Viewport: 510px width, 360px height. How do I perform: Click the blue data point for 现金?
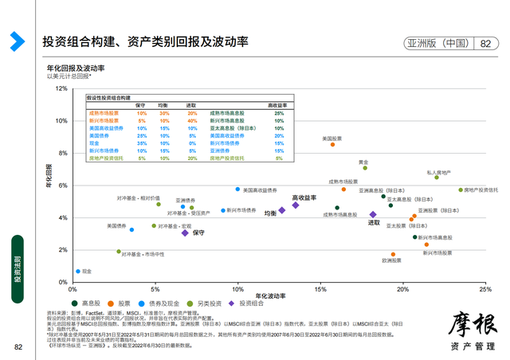[x=78, y=272]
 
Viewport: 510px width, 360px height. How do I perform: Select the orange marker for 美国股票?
[x=332, y=145]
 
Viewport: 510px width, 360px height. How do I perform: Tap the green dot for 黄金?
[x=365, y=168]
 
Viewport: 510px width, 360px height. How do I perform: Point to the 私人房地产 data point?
[x=437, y=178]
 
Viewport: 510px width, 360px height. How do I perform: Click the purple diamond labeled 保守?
[x=185, y=233]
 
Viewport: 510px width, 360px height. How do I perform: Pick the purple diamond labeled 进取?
[x=373, y=214]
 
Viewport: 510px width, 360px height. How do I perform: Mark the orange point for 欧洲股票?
[x=393, y=255]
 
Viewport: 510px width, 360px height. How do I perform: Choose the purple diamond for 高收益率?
[x=296, y=205]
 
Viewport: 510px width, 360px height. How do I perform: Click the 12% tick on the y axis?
[x=62, y=88]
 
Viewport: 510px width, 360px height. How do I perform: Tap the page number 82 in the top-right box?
[x=484, y=45]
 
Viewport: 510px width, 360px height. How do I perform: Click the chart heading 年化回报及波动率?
[x=76, y=68]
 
